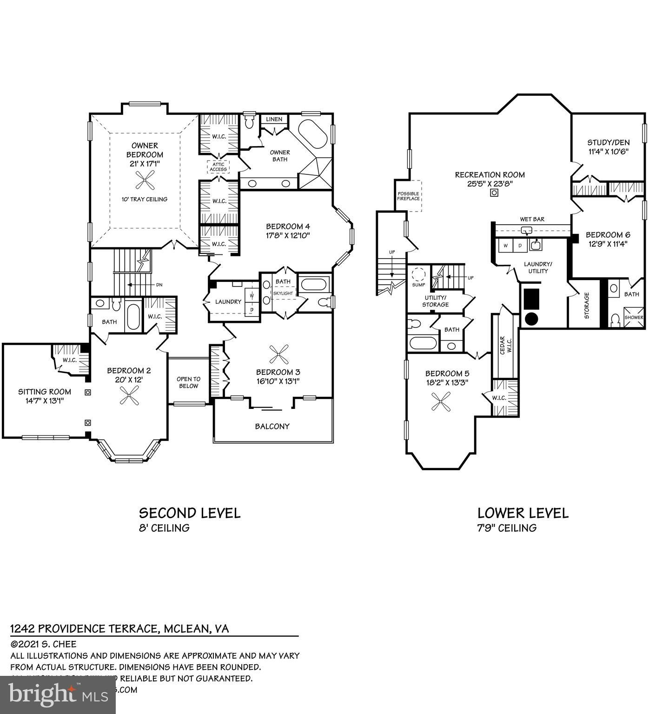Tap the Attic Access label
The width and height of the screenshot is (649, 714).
coord(218,167)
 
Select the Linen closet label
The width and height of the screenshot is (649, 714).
coord(274,119)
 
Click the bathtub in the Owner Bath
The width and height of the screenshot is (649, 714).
coord(311,134)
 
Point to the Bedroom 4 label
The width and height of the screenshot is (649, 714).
coord(288,231)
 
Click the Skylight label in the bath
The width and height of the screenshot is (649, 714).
coord(283,294)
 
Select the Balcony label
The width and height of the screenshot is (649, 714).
coord(272,426)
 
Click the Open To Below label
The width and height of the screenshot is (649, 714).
coord(188,382)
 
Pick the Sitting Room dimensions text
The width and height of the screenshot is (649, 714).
coord(45,400)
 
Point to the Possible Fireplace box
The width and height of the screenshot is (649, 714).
coord(408,196)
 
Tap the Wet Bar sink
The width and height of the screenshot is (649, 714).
coord(527,230)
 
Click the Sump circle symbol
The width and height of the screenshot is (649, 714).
coord(418,273)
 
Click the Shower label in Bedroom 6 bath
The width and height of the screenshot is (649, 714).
coord(634,317)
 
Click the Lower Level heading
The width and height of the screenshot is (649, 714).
coord(523,513)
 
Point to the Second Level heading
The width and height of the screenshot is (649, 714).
coord(190,513)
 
